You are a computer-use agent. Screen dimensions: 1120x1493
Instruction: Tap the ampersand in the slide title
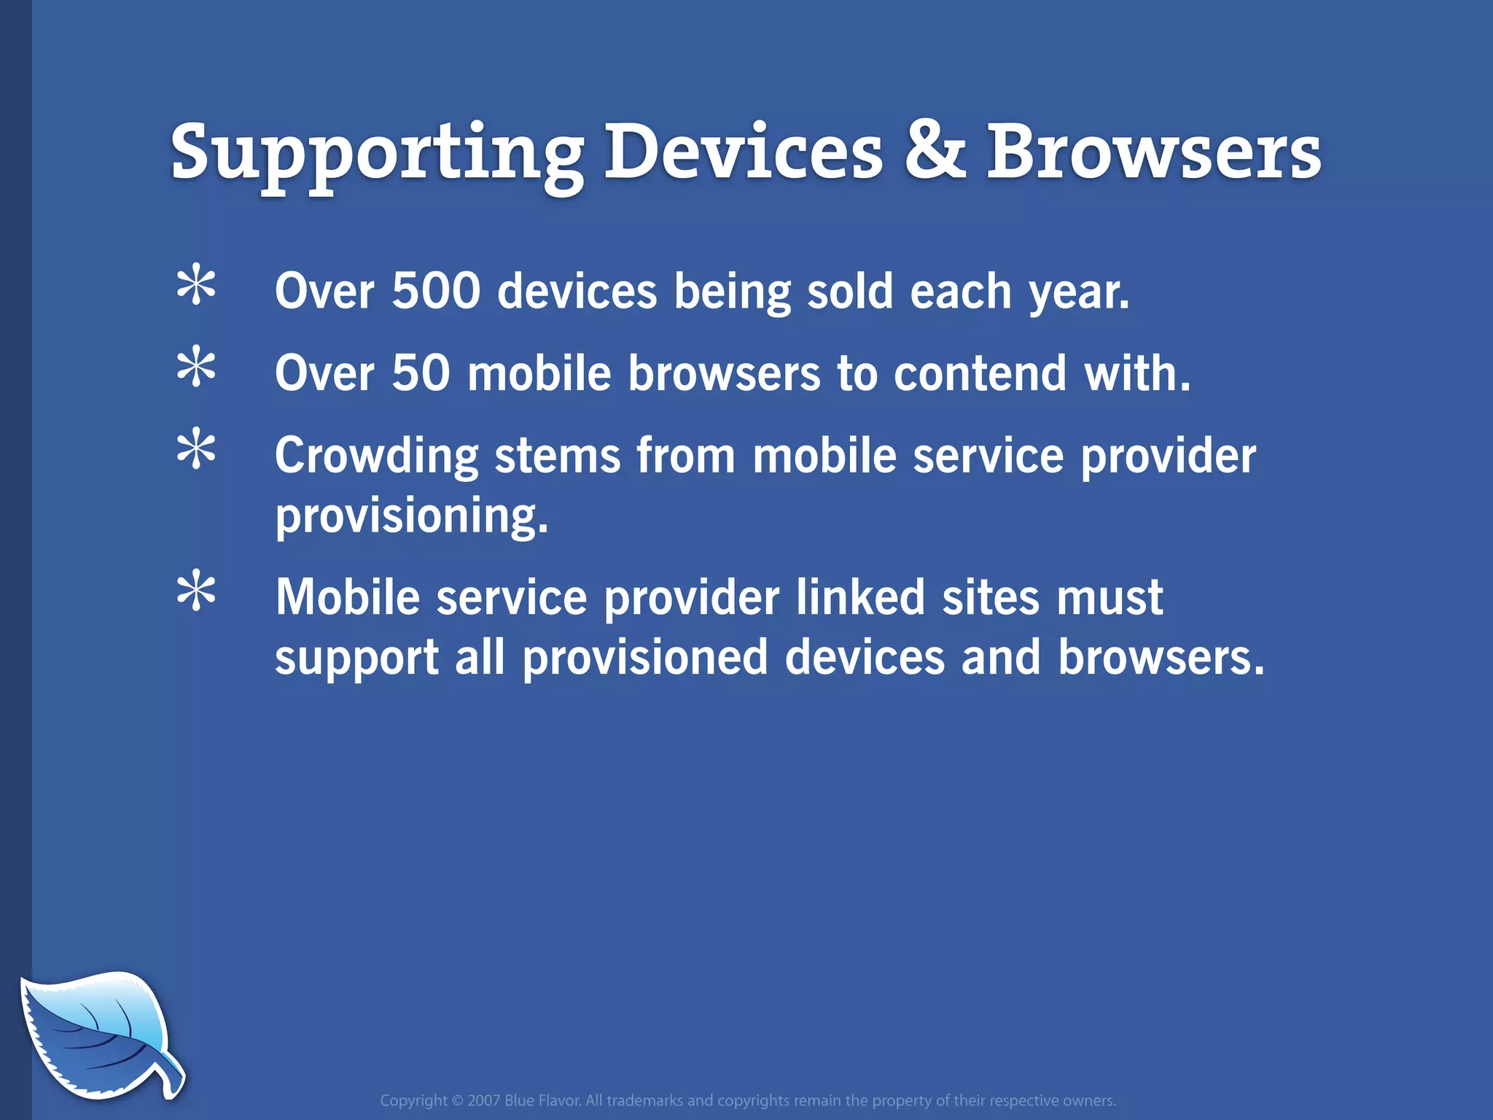(x=935, y=152)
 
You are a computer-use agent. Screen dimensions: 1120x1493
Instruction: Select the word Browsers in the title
(x=1153, y=152)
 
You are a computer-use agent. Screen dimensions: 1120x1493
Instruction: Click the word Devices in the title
(x=744, y=152)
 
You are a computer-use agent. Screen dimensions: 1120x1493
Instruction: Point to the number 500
(x=436, y=291)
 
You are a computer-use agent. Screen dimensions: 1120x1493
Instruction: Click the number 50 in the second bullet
(x=421, y=373)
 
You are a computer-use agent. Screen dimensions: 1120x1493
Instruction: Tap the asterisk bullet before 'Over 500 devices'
(x=196, y=287)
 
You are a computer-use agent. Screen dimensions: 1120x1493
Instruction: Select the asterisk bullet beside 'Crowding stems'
(x=196, y=450)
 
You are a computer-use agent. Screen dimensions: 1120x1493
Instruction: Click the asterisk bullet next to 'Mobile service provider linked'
(x=196, y=592)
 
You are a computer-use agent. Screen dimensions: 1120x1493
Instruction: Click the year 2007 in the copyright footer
(x=483, y=1100)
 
